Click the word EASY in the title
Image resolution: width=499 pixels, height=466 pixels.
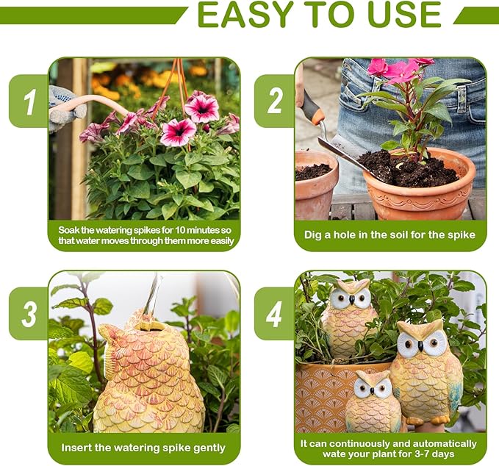tap(245, 14)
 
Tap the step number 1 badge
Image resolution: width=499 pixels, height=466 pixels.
tap(29, 101)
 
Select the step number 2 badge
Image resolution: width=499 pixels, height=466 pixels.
tap(275, 101)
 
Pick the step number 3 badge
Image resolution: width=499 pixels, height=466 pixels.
tap(29, 314)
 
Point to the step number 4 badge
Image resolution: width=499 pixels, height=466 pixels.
tap(275, 314)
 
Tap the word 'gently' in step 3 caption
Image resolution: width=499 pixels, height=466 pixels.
tap(209, 448)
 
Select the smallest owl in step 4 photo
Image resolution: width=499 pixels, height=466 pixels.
tap(373, 401)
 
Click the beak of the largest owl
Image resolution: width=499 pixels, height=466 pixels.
tap(420, 346)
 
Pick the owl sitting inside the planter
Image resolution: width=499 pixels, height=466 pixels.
tap(349, 320)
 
